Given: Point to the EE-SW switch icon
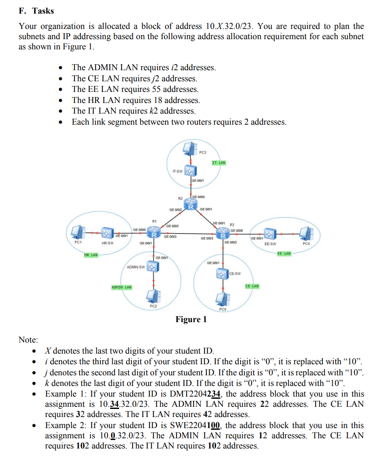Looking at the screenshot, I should point(269,234).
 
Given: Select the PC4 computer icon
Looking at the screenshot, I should point(306,233).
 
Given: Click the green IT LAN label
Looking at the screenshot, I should point(219,163).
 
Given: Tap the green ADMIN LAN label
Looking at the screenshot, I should point(121,287).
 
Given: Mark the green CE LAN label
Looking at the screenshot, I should point(252,286).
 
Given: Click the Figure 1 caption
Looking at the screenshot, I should point(191,319).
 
